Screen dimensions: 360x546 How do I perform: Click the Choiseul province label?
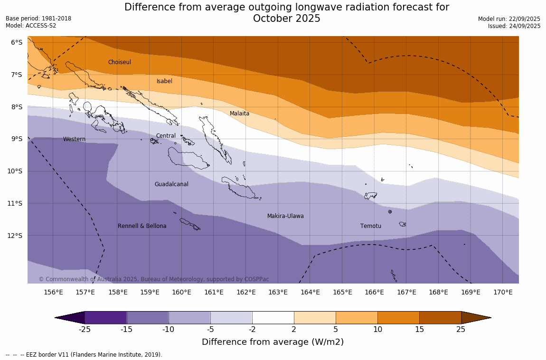click(120, 62)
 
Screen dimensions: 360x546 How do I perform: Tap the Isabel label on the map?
click(165, 81)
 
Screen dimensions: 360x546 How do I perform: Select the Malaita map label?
click(239, 114)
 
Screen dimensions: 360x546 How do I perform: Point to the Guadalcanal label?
click(171, 184)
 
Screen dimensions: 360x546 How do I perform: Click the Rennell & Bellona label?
click(142, 226)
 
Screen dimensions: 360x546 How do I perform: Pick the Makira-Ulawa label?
click(285, 216)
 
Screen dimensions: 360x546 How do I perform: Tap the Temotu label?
click(371, 226)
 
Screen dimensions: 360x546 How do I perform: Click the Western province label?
click(75, 139)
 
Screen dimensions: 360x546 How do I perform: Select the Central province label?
click(166, 136)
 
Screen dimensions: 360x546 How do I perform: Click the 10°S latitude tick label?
click(17, 171)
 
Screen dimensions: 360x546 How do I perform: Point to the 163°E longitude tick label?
click(278, 292)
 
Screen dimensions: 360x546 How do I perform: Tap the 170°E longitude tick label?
click(503, 292)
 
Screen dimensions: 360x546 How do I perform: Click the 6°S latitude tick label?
click(17, 42)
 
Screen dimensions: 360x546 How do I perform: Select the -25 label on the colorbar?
click(85, 330)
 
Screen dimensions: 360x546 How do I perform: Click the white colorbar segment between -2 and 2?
click(273, 318)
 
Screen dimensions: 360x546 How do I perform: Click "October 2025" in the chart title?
click(287, 19)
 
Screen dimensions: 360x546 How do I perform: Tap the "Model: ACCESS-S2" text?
click(31, 26)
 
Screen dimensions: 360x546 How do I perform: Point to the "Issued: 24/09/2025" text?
click(514, 26)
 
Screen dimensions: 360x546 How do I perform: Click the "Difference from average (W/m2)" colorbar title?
click(273, 342)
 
